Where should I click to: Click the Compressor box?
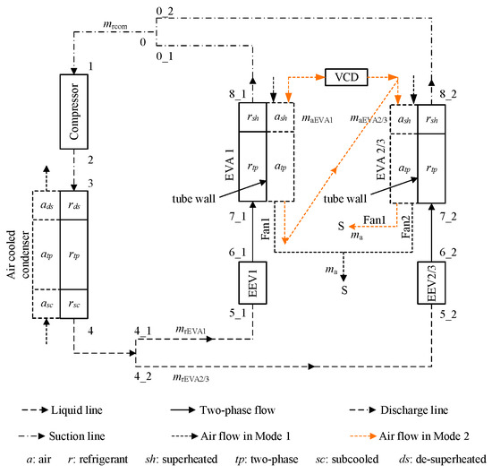[x=73, y=112]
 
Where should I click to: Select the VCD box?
[x=346, y=77]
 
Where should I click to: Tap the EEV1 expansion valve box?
[x=252, y=283]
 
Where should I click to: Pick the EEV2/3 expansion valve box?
[x=431, y=283]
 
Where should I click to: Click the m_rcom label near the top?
[x=115, y=24]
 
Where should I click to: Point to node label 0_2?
[x=165, y=12]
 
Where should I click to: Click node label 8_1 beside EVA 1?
[x=237, y=94]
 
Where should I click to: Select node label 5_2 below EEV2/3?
[x=448, y=315]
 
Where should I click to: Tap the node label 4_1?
[x=143, y=331]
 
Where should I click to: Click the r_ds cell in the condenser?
[x=74, y=205]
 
